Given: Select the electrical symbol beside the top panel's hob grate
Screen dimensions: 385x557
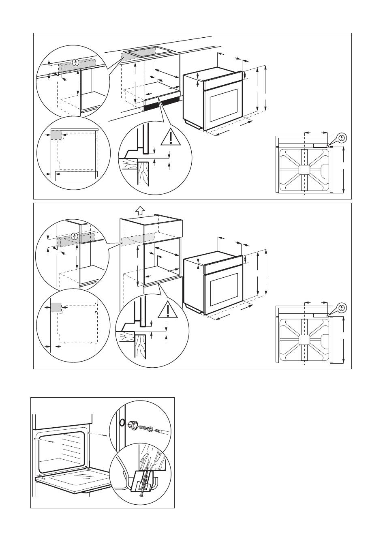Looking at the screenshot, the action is click(342, 137).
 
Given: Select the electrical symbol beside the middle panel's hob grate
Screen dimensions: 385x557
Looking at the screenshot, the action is click(342, 308).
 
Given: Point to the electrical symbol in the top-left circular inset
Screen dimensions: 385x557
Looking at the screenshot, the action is click(75, 62).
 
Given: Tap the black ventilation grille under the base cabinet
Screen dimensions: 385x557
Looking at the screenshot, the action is click(162, 104).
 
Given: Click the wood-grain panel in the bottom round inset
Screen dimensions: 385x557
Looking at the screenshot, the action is click(152, 458).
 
